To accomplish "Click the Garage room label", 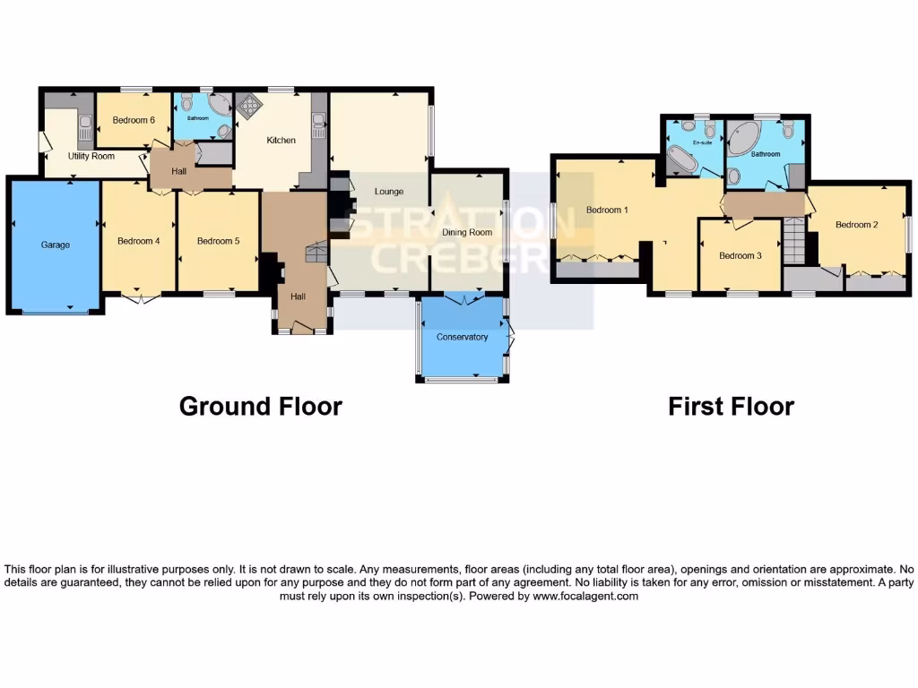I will coord(55,245).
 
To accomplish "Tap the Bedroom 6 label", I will coord(134,120).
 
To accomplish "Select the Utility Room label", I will coord(92,156).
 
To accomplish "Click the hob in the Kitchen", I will coord(247,107).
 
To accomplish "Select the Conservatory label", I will coord(462,338).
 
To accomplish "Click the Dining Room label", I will coord(467,232).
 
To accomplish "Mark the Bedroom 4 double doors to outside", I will coord(138,297).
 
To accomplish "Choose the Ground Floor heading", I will coord(260,406).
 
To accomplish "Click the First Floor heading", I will coord(731,406).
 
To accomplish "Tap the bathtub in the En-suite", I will coord(681,162).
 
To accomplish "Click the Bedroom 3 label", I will coord(740,255).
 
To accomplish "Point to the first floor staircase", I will coord(793,239).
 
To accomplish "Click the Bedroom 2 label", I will coord(856,225).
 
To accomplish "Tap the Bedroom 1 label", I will coord(607,211).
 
